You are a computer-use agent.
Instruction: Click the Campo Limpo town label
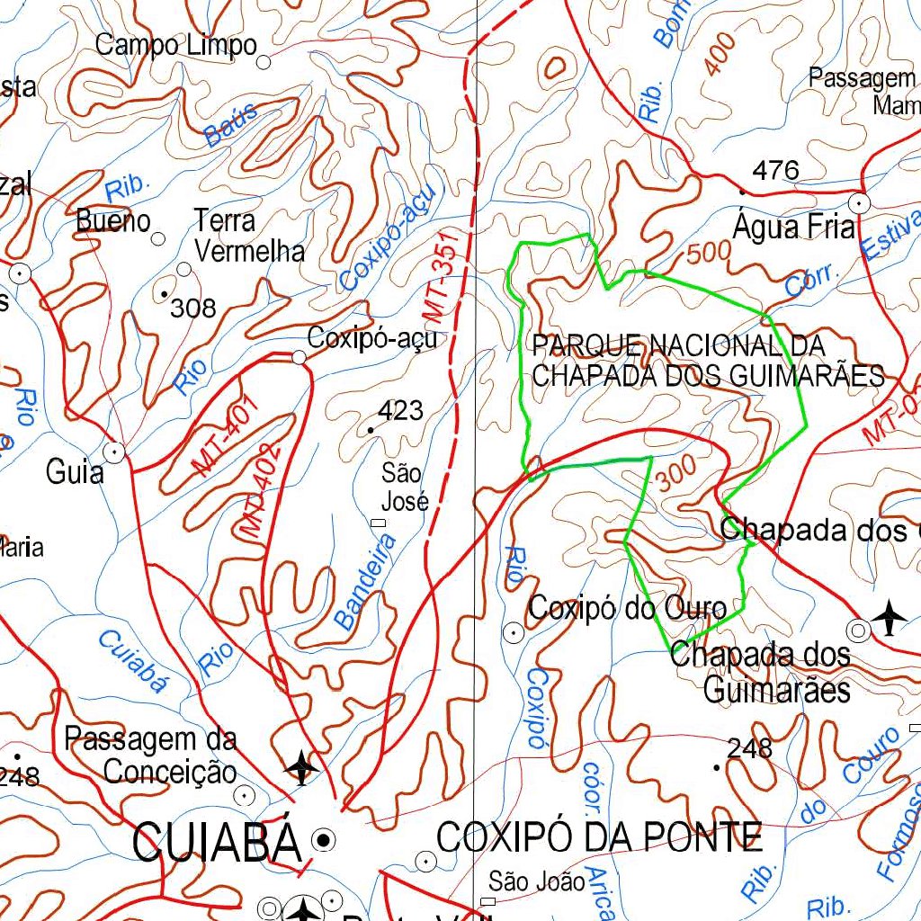pyautogui.click(x=176, y=44)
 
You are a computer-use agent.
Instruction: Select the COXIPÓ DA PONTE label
pyautogui.click(x=599, y=837)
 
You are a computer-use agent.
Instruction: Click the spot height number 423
pyautogui.click(x=400, y=411)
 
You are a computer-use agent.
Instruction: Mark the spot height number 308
pyautogui.click(x=193, y=308)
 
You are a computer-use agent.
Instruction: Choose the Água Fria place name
pyautogui.click(x=793, y=227)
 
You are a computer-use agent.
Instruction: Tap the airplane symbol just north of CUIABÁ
pyautogui.click(x=301, y=767)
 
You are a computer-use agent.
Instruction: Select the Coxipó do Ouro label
pyautogui.click(x=627, y=609)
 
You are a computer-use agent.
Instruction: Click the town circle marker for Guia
pyautogui.click(x=114, y=452)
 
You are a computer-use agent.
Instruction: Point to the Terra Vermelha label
pyautogui.click(x=249, y=236)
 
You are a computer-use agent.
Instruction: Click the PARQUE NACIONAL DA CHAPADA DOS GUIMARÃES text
pyautogui.click(x=707, y=361)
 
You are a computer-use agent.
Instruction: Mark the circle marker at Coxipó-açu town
pyautogui.click(x=299, y=357)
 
